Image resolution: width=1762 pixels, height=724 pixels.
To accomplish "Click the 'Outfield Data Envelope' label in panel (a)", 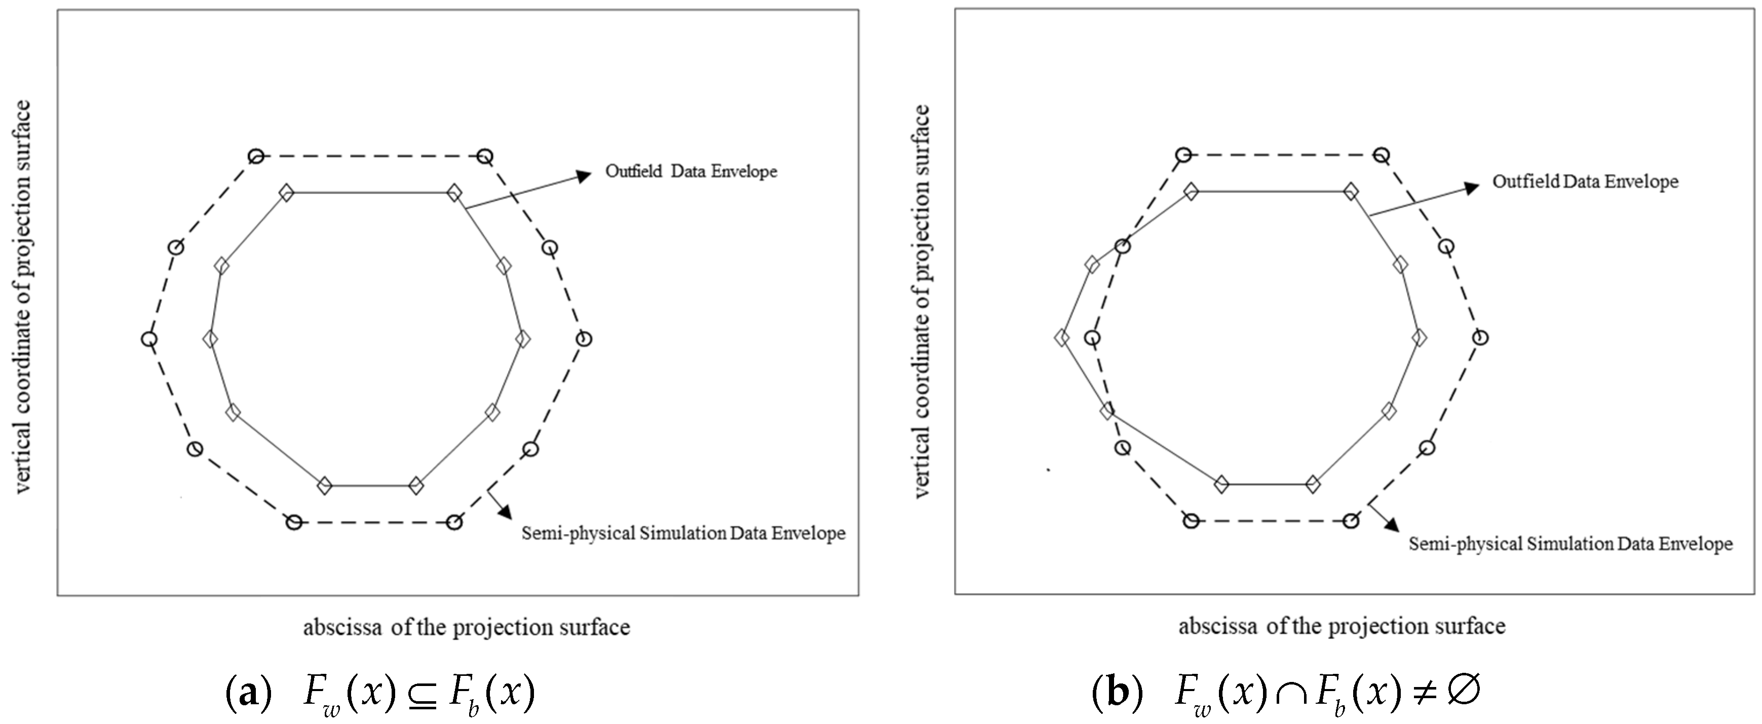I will point(691,171).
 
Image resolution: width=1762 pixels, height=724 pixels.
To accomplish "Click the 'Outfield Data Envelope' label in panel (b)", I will point(1585,182).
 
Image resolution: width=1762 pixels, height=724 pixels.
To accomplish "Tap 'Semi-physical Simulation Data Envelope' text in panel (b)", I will point(1571,544).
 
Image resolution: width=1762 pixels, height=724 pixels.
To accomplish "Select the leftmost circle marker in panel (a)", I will point(148,339).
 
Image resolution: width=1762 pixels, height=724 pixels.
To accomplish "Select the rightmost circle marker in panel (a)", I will point(584,339).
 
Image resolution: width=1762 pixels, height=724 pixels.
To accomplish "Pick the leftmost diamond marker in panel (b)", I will point(1061,337).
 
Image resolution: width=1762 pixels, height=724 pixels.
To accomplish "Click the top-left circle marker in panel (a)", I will point(256,156).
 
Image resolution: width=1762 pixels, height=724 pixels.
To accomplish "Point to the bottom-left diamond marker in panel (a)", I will point(325,486).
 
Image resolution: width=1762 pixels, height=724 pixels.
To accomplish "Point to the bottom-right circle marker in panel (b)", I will point(1350,521).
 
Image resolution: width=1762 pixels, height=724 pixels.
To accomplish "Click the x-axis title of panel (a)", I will point(467,627).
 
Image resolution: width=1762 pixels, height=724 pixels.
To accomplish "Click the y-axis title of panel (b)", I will point(922,301).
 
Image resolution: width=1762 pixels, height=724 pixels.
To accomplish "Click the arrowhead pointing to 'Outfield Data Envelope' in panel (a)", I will point(584,176).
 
